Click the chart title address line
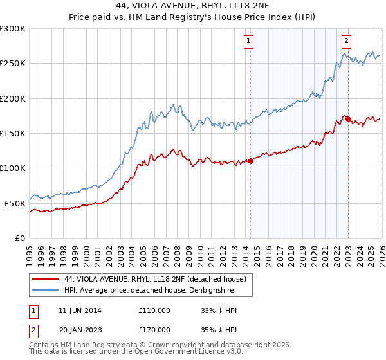pyautogui.click(x=193, y=6)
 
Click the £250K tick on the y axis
pyautogui.click(x=13, y=64)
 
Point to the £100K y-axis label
pyautogui.click(x=13, y=168)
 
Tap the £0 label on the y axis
pyautogui.click(x=20, y=238)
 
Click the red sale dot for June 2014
pyautogui.click(x=250, y=161)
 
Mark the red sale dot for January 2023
pyautogui.click(x=348, y=119)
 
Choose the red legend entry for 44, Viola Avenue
pyautogui.click(x=155, y=279)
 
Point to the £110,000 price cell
pyautogui.click(x=154, y=310)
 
